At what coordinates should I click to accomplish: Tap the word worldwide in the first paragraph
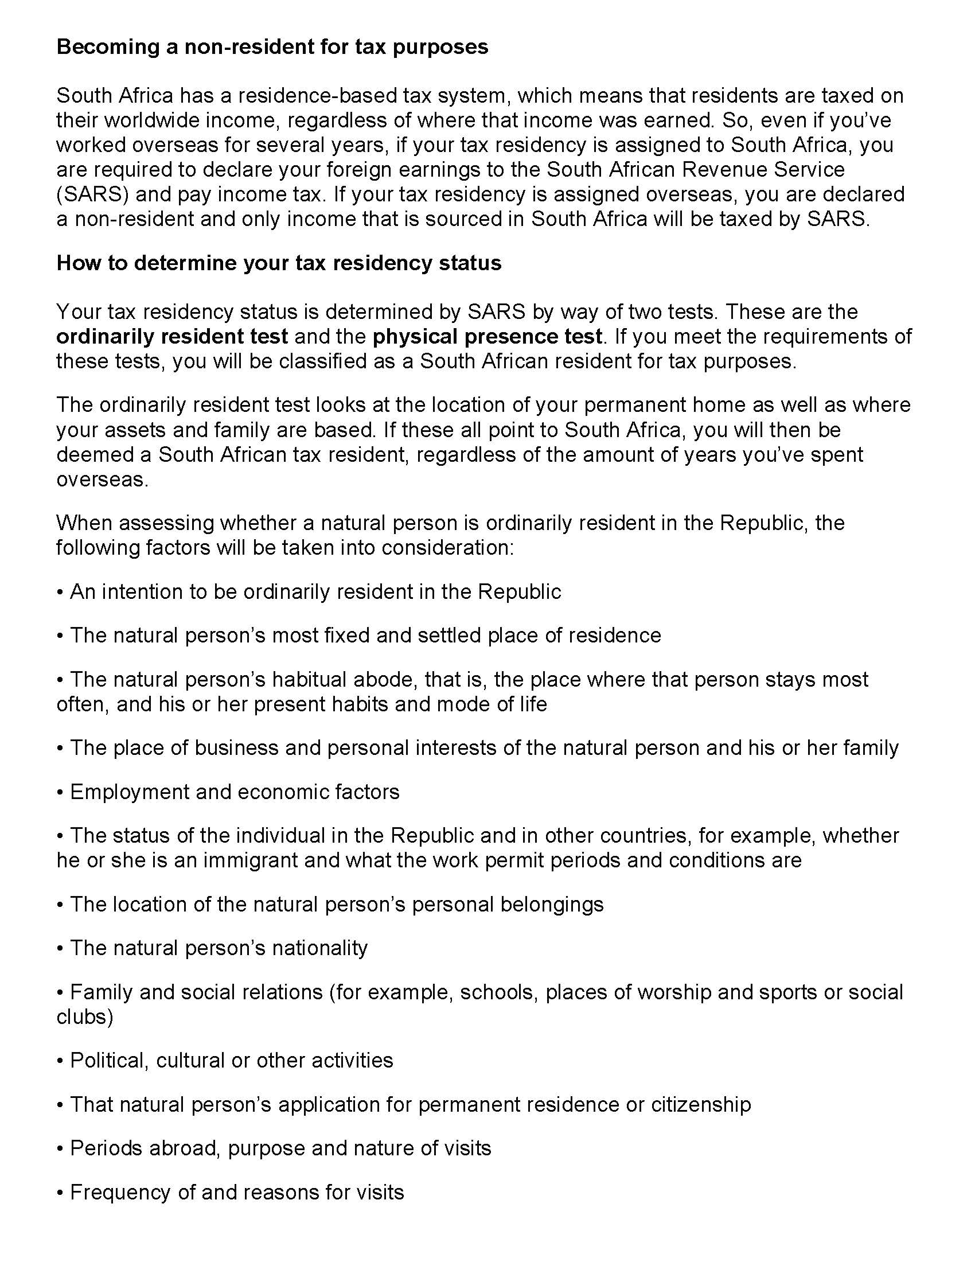[142, 120]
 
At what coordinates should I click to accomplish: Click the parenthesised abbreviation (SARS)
[92, 194]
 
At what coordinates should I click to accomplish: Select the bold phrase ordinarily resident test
[171, 336]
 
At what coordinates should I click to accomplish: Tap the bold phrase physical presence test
[487, 336]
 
